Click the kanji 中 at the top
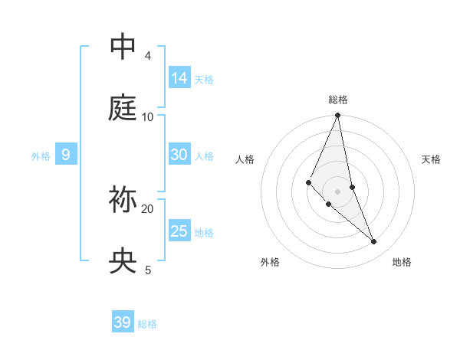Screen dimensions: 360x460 tap(122, 47)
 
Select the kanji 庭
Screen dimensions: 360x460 tap(122, 108)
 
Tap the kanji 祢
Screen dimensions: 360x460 tap(122, 200)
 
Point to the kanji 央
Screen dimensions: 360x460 tap(122, 261)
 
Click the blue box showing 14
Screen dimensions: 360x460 tap(179, 77)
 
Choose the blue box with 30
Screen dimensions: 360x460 tap(179, 155)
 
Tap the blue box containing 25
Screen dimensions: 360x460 tap(179, 231)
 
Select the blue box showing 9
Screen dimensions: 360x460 tap(66, 155)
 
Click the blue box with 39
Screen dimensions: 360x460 tap(123, 322)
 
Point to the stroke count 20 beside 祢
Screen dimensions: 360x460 tap(148, 208)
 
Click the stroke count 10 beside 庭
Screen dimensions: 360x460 tap(148, 116)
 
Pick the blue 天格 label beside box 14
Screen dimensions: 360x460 tap(204, 79)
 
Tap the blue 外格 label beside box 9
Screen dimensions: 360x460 tap(41, 156)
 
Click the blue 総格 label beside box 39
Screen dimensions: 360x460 tap(147, 324)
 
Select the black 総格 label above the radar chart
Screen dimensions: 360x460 tap(338, 100)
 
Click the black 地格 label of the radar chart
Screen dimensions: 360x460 tap(402, 262)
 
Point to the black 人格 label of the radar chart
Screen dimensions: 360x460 tap(245, 159)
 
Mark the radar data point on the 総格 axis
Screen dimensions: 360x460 tap(338, 116)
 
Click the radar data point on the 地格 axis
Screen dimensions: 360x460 tap(374, 241)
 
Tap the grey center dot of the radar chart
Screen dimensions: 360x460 tap(338, 191)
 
